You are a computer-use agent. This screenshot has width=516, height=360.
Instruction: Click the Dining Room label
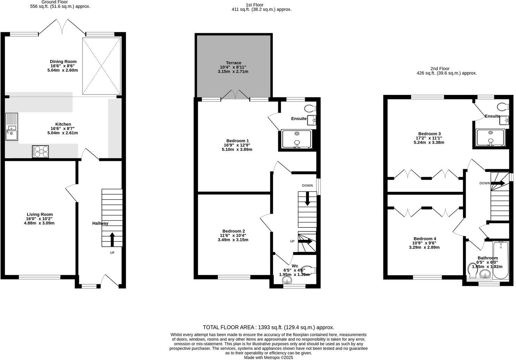(x=63, y=61)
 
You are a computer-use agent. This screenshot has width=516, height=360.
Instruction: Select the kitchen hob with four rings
(x=40, y=151)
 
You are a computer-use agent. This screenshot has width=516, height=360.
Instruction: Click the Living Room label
(x=40, y=214)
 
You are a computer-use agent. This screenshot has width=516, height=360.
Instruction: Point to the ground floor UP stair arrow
(x=112, y=240)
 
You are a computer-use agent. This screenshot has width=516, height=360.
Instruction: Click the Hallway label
(x=100, y=223)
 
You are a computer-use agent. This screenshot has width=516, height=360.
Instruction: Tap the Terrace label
(x=234, y=63)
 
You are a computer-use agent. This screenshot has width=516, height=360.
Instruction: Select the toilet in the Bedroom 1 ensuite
(x=310, y=108)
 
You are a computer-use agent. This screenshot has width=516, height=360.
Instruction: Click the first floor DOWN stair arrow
(x=307, y=199)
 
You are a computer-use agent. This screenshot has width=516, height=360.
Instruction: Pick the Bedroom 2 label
(x=234, y=231)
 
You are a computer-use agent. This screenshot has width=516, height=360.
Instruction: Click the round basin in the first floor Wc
(x=287, y=280)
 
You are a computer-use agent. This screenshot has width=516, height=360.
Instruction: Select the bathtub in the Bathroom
(x=501, y=261)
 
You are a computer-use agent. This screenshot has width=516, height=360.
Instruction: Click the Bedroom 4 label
(x=425, y=239)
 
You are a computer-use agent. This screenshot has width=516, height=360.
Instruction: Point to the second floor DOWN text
(x=485, y=183)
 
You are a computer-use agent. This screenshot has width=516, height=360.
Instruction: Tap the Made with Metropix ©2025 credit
(x=268, y=358)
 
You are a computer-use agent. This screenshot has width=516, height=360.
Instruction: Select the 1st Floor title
(x=255, y=5)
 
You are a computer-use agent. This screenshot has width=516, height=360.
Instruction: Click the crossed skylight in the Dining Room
(x=101, y=66)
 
